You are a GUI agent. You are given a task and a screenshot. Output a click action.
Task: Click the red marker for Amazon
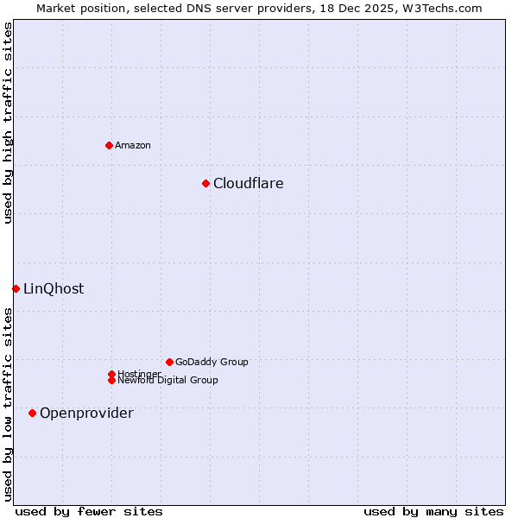109,145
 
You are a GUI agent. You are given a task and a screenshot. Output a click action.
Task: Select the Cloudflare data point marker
205,183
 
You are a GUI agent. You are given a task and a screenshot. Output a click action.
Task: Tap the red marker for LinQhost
16,288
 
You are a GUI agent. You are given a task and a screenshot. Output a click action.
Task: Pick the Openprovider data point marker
32,413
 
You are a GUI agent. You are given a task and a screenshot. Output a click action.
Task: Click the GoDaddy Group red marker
169,362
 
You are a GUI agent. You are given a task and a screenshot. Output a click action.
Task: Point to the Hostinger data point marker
111,374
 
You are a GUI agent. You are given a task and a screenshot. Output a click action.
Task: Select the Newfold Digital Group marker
111,381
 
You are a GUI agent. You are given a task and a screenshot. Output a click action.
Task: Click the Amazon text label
133,145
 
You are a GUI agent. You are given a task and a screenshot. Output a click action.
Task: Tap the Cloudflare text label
249,183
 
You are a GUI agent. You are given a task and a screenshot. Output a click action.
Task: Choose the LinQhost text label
54,288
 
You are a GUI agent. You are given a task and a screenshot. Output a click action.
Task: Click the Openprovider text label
86,413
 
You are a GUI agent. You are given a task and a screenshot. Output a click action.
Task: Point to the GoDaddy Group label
212,362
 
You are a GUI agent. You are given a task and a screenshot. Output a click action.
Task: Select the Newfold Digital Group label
168,381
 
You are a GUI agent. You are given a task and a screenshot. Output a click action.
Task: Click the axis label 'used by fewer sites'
89,511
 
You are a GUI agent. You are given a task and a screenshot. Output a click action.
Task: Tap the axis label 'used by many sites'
433,511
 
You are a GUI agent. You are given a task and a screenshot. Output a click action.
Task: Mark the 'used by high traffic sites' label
8,123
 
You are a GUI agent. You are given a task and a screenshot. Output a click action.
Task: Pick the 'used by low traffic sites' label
8,403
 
